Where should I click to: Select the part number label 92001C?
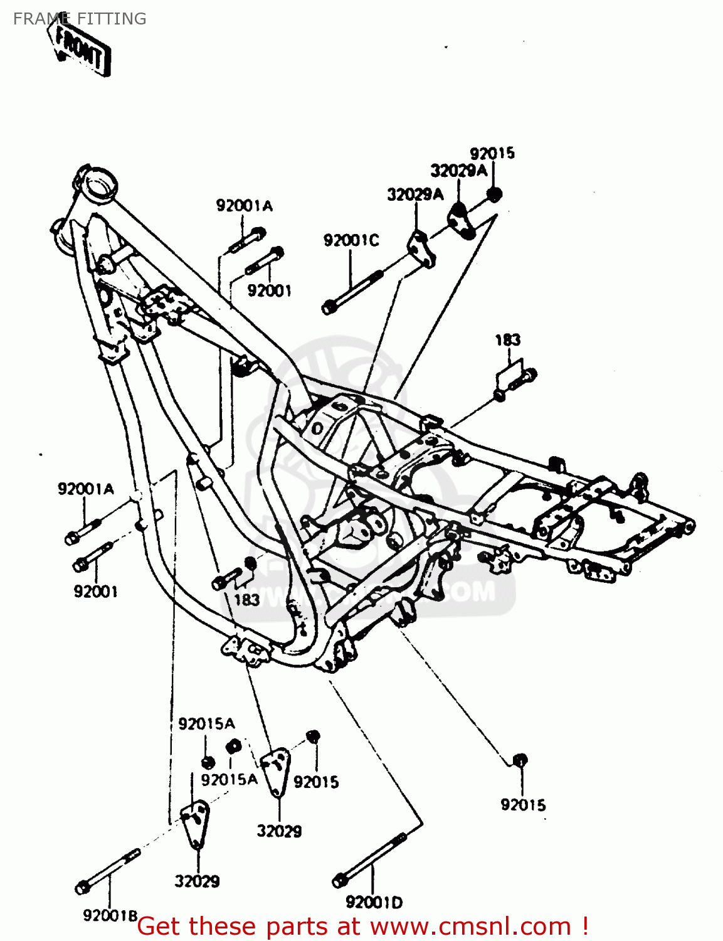click(x=351, y=241)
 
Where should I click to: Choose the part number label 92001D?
click(x=374, y=903)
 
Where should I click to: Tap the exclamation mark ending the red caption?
click(x=584, y=927)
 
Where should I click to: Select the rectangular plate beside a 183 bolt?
click(x=509, y=375)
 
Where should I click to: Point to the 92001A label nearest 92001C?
click(x=245, y=206)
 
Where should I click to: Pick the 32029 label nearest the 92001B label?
click(x=197, y=881)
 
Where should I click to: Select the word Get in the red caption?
click(x=161, y=927)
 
